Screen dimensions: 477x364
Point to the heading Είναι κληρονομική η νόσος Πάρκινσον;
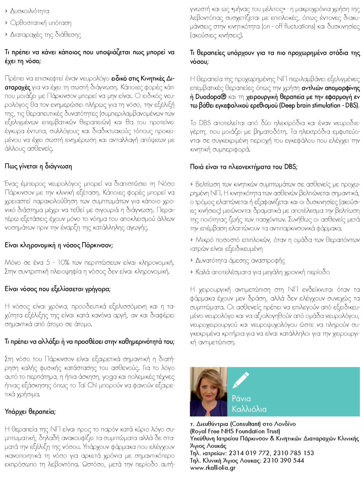point(59,245)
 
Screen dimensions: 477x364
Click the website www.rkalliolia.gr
point(213,468)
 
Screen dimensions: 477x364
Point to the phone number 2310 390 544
point(284,460)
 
